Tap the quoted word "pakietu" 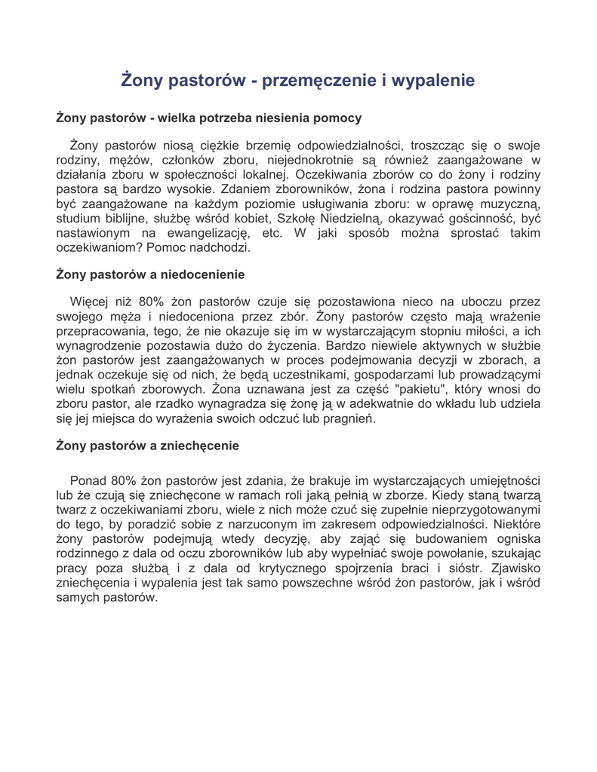pyautogui.click(x=426, y=390)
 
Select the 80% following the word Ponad pyautogui.click(x=125, y=480)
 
